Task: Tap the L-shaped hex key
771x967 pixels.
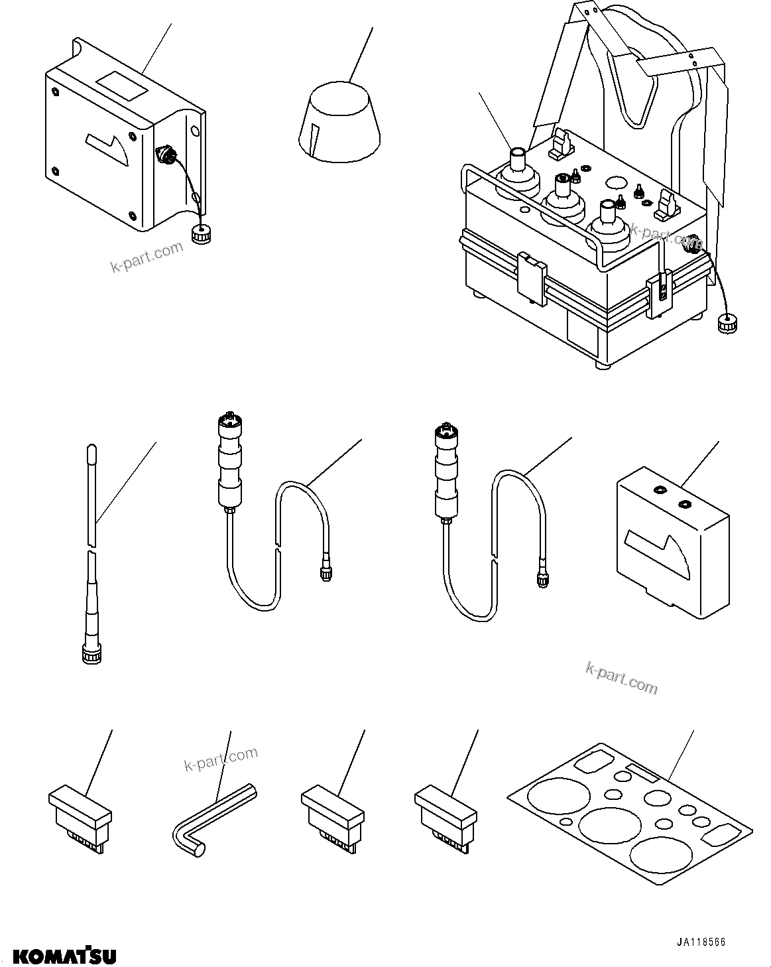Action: pyautogui.click(x=211, y=820)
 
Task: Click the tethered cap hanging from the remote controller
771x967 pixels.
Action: pyautogui.click(x=725, y=325)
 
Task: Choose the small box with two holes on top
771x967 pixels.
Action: pyautogui.click(x=672, y=540)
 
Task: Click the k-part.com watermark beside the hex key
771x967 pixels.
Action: pyautogui.click(x=220, y=761)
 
